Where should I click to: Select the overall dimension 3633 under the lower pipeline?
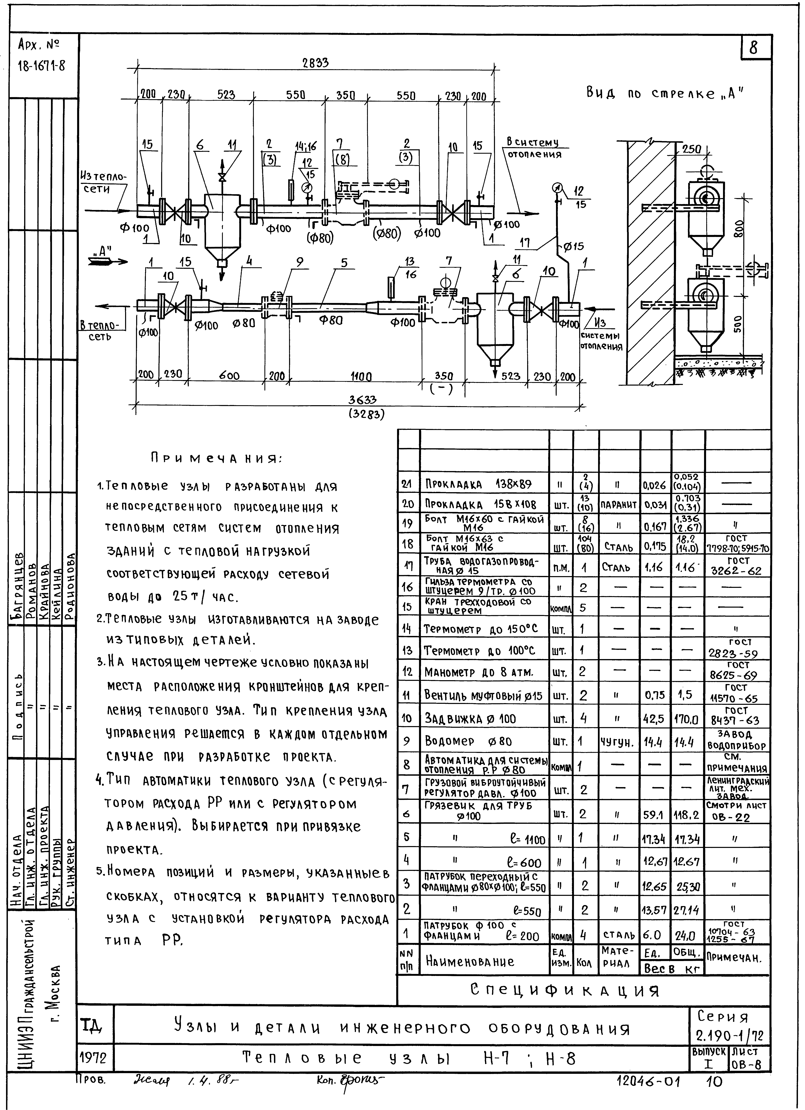[x=366, y=400]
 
